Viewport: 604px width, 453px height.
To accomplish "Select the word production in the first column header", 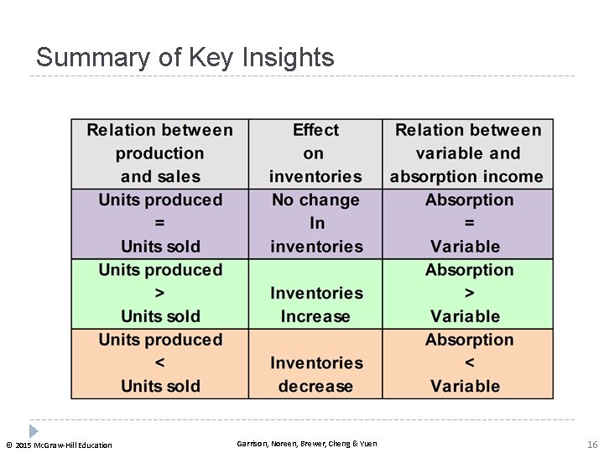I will click(159, 154).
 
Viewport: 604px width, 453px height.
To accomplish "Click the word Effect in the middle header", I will click(315, 130).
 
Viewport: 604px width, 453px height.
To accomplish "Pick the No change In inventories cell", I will click(315, 223).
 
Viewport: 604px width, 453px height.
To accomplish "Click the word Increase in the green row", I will click(315, 316).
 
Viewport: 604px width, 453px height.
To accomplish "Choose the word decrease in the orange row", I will click(315, 386).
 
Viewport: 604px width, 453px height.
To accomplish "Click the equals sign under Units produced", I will click(160, 223).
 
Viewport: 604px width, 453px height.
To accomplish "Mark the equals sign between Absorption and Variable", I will click(469, 223).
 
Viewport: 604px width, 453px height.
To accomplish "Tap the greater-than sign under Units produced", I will click(160, 293).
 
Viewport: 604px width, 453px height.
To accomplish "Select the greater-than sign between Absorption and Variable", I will click(469, 293).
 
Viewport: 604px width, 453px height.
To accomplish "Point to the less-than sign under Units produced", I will click(160, 362).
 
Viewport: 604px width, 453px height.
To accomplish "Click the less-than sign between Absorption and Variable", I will click(469, 362).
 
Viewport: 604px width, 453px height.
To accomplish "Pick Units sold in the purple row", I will click(160, 247).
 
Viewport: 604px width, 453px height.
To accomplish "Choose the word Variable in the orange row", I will click(465, 386).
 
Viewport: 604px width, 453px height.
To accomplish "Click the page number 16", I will click(591, 444).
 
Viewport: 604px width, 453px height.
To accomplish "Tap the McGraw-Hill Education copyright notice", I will click(59, 445).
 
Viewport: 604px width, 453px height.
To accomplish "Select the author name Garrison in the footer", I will click(252, 444).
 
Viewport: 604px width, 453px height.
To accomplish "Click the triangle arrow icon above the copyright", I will click(34, 430).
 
